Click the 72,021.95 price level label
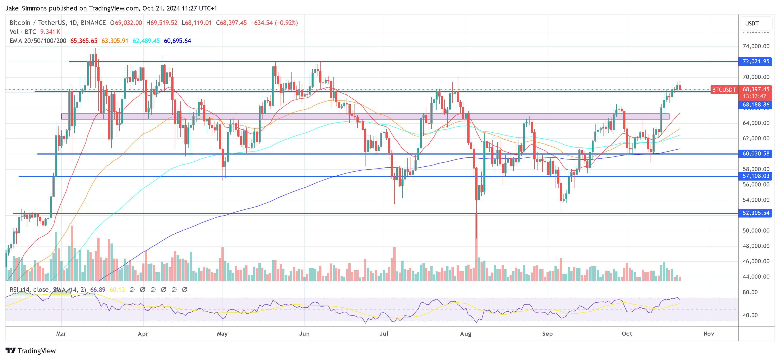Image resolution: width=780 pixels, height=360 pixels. [755, 61]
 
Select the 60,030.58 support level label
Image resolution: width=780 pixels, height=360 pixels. [755, 154]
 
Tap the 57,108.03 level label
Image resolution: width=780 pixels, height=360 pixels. [755, 176]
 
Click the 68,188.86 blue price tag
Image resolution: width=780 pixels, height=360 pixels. [755, 105]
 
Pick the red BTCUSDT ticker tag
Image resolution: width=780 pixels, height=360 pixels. [723, 90]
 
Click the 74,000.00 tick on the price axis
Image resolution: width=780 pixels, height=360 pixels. [756, 46]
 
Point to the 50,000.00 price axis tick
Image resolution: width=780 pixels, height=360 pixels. [756, 231]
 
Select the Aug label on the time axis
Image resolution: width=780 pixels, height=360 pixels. [465, 334]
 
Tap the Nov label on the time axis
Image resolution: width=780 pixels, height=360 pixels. [709, 334]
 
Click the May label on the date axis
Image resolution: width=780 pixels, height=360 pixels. [222, 334]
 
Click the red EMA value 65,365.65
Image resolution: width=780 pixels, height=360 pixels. [84, 41]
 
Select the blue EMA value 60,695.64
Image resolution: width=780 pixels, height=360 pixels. [177, 41]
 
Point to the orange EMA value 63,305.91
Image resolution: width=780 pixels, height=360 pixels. [115, 41]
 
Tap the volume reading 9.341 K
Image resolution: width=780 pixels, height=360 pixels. [50, 32]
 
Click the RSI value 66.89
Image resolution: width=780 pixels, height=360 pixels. [98, 290]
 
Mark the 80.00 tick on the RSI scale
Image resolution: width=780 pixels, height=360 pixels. [750, 292]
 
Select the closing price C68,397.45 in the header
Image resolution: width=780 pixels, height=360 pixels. [231, 23]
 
